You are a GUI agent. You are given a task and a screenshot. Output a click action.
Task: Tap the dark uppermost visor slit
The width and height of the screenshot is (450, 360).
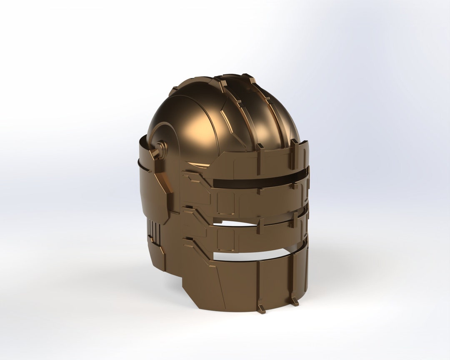(x=258, y=182)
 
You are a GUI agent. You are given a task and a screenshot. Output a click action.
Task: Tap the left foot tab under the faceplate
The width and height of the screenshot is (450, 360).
(x=262, y=309)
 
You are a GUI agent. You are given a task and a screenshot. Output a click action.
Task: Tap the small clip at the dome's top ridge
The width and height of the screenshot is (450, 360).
(x=251, y=78)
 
